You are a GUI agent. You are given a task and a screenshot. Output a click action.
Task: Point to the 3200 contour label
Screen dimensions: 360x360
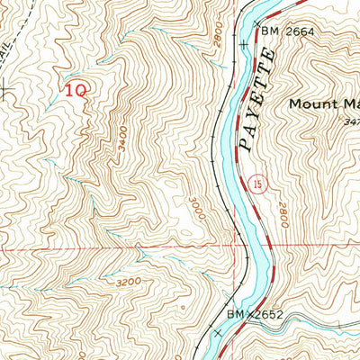[129, 282]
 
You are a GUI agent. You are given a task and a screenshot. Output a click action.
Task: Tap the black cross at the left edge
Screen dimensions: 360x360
[4, 88]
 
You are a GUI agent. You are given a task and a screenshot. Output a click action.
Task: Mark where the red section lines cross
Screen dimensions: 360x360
[244, 246]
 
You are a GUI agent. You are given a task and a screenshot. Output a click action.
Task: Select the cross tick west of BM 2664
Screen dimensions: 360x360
[245, 42]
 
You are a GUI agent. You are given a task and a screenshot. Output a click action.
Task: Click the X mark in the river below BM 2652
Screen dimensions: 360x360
[219, 334]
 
